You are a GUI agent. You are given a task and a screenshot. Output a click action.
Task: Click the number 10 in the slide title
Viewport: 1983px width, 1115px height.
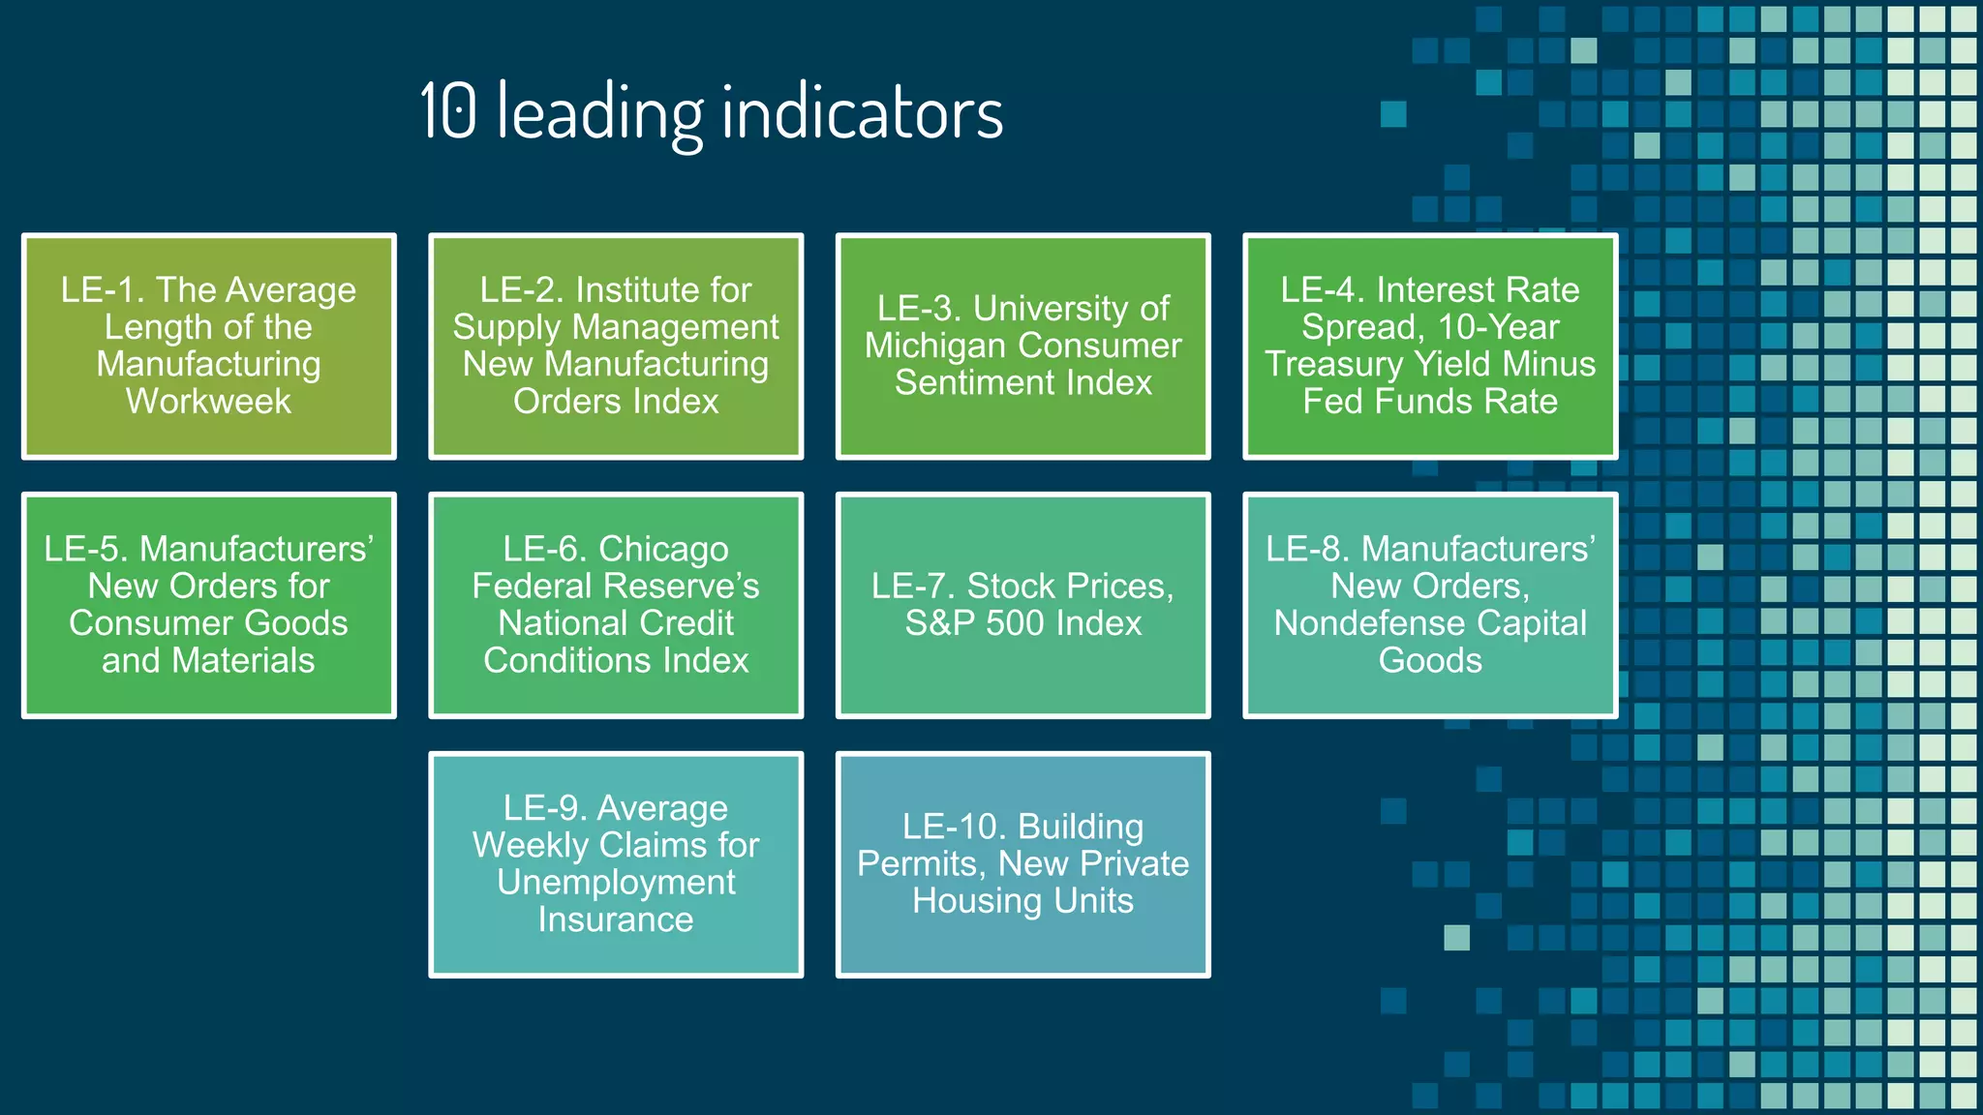tap(448, 111)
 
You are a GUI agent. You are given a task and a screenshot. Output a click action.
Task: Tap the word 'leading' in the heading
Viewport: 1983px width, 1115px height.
tap(599, 114)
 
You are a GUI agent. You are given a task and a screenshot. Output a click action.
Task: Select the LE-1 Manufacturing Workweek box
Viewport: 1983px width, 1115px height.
tap(209, 346)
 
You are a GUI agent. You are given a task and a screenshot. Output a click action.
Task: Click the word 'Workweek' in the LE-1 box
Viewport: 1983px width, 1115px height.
tap(208, 402)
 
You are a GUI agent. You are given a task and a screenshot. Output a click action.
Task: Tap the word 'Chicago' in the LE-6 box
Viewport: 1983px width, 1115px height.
tap(663, 550)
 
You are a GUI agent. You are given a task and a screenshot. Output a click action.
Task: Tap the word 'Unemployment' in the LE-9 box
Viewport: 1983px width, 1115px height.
tap(616, 883)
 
